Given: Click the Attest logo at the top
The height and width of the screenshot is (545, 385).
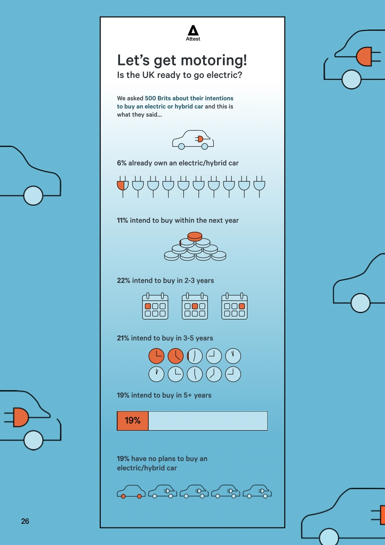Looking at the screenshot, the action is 193,33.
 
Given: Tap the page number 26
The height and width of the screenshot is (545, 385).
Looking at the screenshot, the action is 25,521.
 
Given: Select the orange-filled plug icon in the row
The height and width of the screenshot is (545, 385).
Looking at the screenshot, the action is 122,187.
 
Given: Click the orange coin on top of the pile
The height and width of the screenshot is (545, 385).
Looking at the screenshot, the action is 195,237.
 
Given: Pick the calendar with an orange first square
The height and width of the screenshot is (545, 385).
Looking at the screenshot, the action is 155,306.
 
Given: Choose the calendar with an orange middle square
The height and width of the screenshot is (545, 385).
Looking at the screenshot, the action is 195,306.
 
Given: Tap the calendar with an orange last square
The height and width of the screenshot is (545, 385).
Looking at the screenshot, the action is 235,306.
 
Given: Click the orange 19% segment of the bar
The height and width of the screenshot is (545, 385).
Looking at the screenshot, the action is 132,421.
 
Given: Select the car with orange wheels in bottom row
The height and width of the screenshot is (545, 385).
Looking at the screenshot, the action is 131,492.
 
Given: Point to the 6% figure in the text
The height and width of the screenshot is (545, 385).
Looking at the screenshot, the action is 122,163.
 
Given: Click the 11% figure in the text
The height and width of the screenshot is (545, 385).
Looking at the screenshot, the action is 122,220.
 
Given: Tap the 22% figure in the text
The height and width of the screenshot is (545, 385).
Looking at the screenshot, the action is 124,280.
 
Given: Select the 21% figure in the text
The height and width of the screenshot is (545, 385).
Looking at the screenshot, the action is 123,338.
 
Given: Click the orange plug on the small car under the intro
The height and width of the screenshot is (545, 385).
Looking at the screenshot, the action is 199,139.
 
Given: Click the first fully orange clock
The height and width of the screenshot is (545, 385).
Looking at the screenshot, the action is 156,356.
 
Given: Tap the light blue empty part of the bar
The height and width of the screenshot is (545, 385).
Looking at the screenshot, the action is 208,421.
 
